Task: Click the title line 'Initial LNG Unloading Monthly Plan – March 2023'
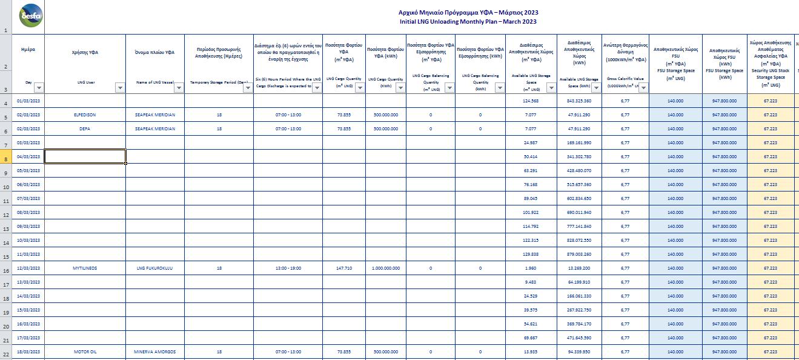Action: (x=468, y=22)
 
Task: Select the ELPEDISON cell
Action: (x=85, y=115)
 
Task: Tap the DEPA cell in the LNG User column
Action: (x=85, y=128)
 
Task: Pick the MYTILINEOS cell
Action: (x=85, y=268)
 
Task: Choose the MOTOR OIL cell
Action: (x=85, y=352)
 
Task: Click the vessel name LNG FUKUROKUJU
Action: (x=154, y=268)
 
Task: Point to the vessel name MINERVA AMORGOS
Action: (x=154, y=352)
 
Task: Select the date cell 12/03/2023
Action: (x=28, y=268)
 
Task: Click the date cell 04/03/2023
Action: (x=28, y=156)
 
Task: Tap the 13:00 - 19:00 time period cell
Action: (x=288, y=268)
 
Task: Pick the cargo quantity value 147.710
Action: (x=343, y=268)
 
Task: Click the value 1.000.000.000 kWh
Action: (x=385, y=268)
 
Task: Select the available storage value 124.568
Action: (x=531, y=101)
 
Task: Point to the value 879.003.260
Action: (x=579, y=254)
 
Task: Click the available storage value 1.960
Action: (x=531, y=268)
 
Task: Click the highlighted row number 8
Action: (x=5, y=159)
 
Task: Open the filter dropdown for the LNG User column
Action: (x=120, y=88)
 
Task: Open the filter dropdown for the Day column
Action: (x=39, y=88)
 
